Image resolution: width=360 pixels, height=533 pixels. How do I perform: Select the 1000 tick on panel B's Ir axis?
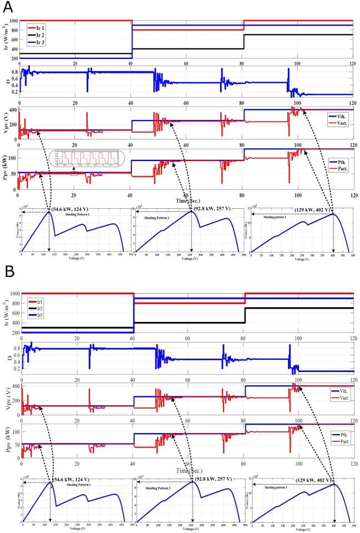[12, 293]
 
